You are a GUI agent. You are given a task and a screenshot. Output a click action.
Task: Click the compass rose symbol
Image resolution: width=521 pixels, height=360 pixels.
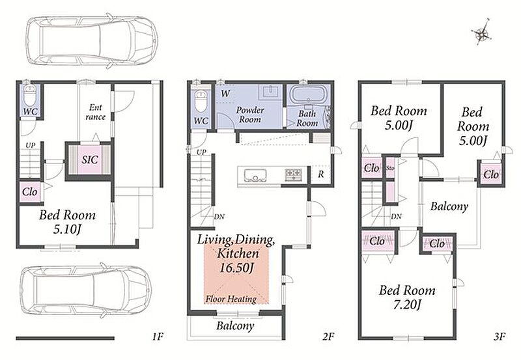pyautogui.click(x=481, y=33)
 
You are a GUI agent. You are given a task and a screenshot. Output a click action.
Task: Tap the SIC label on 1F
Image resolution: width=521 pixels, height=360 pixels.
pyautogui.click(x=90, y=159)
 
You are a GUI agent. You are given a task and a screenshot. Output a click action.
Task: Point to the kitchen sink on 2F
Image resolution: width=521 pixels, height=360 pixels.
pyautogui.click(x=255, y=174)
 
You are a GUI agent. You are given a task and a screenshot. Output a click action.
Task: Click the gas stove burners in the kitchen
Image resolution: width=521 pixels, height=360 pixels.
pyautogui.click(x=294, y=174)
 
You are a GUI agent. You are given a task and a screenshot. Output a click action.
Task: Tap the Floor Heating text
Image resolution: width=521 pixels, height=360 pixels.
pyautogui.click(x=231, y=299)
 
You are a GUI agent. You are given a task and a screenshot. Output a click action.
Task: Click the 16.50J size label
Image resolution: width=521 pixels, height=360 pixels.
pyautogui.click(x=236, y=268)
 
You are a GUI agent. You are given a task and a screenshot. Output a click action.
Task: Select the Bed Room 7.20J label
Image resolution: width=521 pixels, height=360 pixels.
pyautogui.click(x=408, y=297)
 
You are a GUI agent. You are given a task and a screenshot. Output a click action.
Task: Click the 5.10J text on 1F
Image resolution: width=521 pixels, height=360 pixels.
pyautogui.click(x=68, y=229)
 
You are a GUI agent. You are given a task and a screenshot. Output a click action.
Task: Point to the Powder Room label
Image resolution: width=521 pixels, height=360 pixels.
pyautogui.click(x=250, y=115)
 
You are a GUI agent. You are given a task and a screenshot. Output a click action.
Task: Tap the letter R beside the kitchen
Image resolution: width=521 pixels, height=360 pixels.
pyautogui.click(x=320, y=174)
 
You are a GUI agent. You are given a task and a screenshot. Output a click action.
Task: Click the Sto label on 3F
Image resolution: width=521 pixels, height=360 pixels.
pyautogui.click(x=390, y=168)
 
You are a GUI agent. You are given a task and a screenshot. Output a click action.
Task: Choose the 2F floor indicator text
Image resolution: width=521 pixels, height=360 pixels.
pyautogui.click(x=328, y=337)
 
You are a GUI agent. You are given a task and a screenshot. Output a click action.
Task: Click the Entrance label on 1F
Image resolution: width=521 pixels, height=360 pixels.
pyautogui.click(x=95, y=112)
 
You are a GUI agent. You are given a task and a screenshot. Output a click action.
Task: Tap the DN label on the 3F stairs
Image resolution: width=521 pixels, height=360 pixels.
pyautogui.click(x=396, y=217)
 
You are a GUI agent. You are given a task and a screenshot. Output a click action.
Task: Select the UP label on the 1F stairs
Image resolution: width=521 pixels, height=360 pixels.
pyautogui.click(x=31, y=145)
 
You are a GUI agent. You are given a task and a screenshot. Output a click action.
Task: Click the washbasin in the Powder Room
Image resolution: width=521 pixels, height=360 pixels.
pyautogui.click(x=272, y=91)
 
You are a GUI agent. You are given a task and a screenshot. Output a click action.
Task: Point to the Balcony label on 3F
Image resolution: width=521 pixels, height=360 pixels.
pyautogui.click(x=449, y=206)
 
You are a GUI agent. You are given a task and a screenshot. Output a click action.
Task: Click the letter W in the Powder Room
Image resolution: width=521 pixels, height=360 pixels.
pyautogui.click(x=225, y=93)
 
